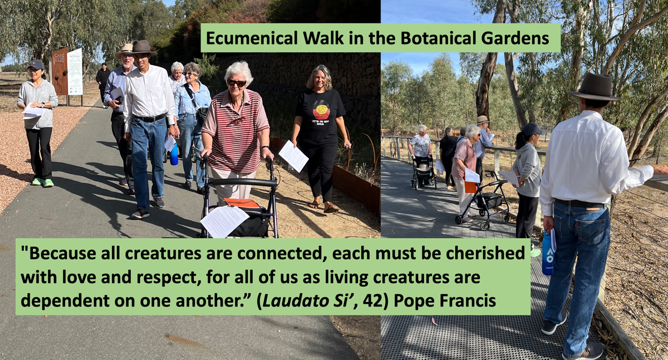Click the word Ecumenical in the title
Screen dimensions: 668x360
(x=252, y=38)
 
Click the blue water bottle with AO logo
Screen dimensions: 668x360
(x=548, y=252)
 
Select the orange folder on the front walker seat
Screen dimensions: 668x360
(x=242, y=203)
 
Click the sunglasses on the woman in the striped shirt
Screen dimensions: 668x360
(x=237, y=82)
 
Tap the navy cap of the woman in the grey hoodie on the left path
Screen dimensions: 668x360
(x=36, y=65)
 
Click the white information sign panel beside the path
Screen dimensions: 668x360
(x=75, y=72)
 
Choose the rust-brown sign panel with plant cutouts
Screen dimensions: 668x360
(x=60, y=72)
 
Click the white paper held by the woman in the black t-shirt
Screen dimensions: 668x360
(x=293, y=156)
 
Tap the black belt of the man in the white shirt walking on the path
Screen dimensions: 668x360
(x=150, y=118)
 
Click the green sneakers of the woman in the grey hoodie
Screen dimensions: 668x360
(x=43, y=182)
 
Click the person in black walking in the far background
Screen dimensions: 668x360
(x=103, y=83)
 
